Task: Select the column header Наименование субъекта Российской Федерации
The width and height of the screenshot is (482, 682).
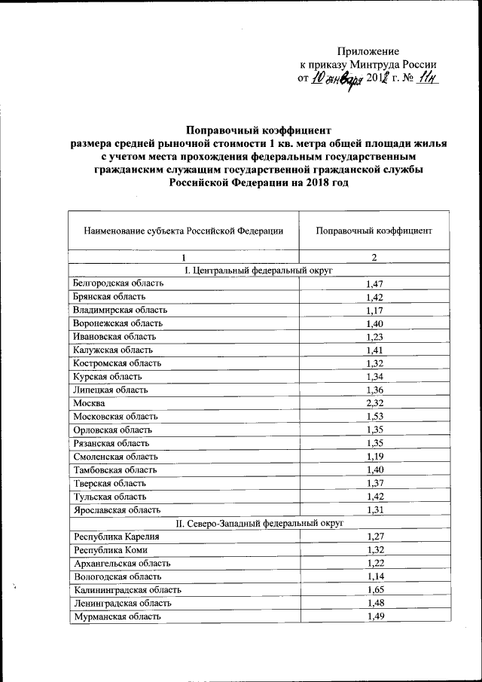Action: coord(183,231)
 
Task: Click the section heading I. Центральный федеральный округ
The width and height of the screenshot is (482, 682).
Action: coord(258,270)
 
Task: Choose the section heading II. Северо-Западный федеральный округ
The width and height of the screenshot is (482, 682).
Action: coord(258,521)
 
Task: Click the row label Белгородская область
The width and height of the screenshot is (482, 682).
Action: coord(117,283)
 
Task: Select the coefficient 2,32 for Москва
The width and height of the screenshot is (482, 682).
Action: coord(374,403)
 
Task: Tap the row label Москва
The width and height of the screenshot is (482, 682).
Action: coord(89,403)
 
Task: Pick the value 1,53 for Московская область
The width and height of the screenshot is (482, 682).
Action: coord(374,417)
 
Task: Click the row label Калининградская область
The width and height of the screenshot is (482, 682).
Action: coord(123,589)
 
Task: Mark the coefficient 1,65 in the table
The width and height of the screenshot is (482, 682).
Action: coord(374,589)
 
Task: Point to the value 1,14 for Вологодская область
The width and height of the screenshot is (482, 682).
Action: coord(374,576)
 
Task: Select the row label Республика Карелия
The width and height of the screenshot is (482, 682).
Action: coord(116,536)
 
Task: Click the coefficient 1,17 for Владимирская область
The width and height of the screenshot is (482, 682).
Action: coord(374,310)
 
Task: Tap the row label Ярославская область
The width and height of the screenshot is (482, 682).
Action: coord(116,509)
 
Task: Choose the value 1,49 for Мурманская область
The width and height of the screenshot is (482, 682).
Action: coord(374,616)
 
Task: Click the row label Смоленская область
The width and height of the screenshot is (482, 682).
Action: coord(115,456)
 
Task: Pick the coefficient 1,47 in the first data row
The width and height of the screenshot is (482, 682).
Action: coord(374,283)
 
